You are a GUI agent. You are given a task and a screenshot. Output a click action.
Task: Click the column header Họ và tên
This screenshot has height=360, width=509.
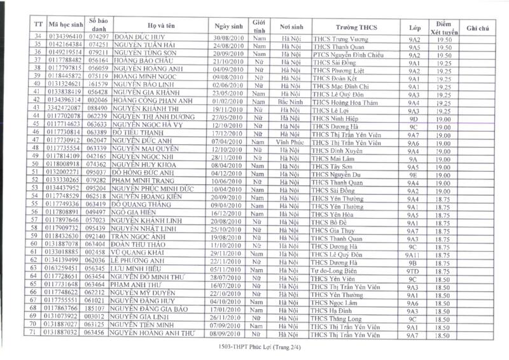tap(160, 26)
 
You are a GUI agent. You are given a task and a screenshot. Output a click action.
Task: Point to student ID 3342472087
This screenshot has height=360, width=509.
tap(64, 110)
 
